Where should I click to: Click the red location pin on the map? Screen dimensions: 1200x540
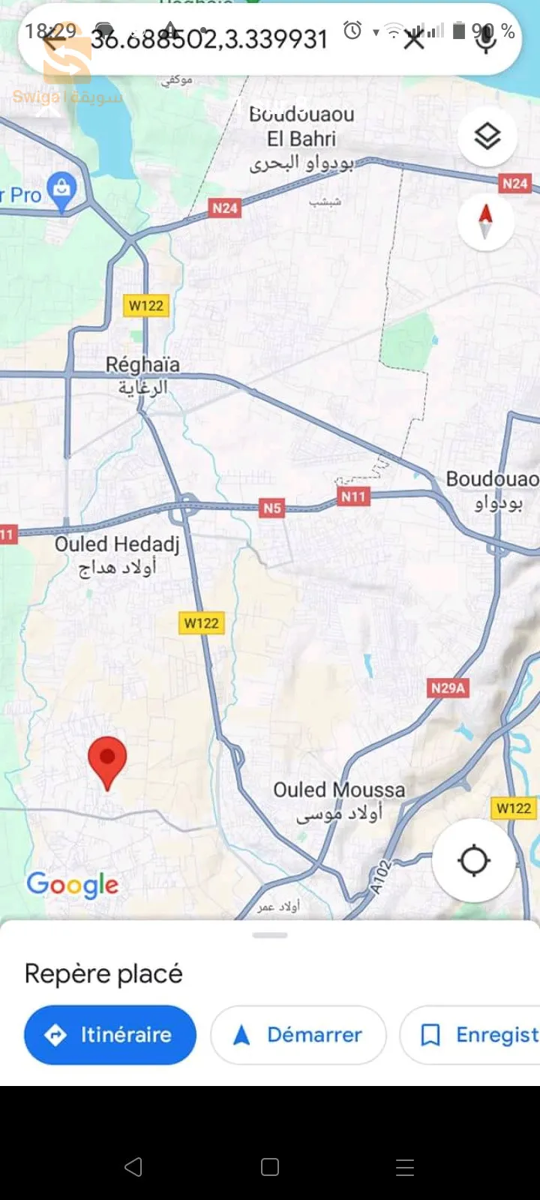pos(107,759)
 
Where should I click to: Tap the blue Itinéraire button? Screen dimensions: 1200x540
pos(110,1035)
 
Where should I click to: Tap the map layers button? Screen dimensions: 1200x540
pos(487,136)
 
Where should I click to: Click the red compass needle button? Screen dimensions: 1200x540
pos(485,221)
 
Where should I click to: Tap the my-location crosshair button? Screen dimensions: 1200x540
pos(473,860)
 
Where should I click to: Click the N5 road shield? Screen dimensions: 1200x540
pos(272,508)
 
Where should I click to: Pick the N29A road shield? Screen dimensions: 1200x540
pos(448,688)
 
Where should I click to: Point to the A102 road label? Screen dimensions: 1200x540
pos(381,877)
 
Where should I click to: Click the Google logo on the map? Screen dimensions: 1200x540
pos(73,885)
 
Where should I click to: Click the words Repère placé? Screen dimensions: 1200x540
pos(103,973)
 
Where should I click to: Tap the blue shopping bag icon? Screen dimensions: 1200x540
pos(61,190)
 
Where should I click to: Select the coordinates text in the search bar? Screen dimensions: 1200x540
pos(210,39)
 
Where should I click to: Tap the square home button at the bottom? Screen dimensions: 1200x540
pos(270,1167)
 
